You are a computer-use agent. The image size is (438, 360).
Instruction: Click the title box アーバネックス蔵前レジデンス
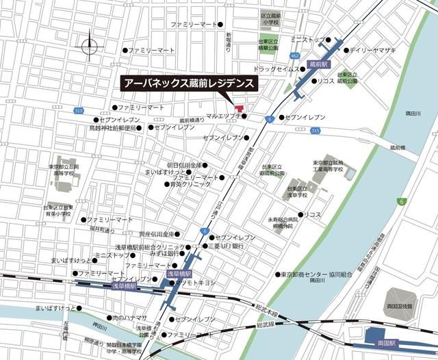click(x=189, y=83)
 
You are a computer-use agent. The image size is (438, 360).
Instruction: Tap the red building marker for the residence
click(x=239, y=107)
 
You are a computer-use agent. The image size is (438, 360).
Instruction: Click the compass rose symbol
click(x=89, y=47)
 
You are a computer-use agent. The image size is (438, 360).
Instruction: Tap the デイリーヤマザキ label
click(x=373, y=51)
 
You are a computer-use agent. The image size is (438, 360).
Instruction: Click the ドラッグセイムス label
click(x=275, y=69)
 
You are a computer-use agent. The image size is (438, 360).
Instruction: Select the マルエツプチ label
click(x=224, y=116)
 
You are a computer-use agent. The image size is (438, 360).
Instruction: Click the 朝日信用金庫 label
click(x=184, y=166)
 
